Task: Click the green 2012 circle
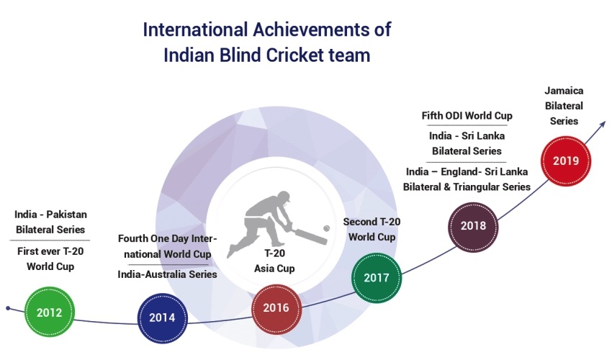point(50,312)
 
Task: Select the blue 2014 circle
point(163,318)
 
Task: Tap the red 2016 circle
point(276,309)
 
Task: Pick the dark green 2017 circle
point(377,278)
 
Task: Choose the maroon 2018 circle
point(474,227)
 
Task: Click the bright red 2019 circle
point(566,161)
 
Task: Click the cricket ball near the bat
point(326,228)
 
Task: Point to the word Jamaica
point(564,91)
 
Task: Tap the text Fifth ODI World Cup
point(467,116)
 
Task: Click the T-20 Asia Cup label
point(274,261)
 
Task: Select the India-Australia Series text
point(167,274)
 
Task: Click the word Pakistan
point(67,215)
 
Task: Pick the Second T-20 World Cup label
point(372,229)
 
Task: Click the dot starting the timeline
point(8,308)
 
